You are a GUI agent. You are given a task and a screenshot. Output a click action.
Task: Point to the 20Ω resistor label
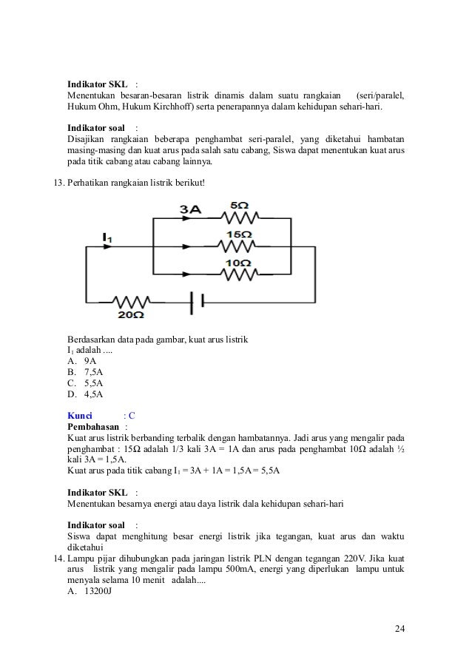click(131, 315)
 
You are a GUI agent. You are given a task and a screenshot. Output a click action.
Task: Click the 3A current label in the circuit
click(191, 210)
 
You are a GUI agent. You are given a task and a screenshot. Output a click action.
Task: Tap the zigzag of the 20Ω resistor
click(132, 301)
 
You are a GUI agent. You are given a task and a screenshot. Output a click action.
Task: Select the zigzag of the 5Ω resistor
click(239, 218)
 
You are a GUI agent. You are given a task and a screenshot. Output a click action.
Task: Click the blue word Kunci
click(80, 415)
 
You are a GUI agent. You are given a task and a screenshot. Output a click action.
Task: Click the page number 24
click(400, 630)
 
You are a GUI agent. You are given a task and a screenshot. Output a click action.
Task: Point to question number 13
click(56, 182)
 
